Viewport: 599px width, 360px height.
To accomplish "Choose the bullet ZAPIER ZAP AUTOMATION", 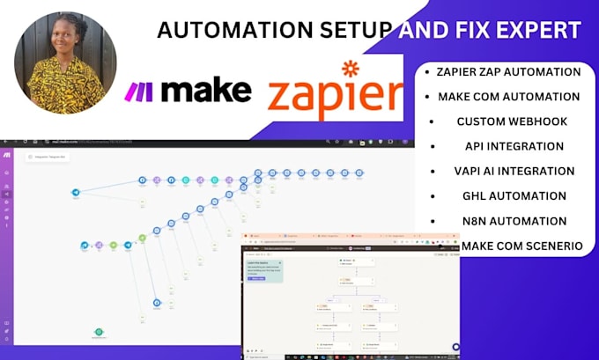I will click(x=509, y=72).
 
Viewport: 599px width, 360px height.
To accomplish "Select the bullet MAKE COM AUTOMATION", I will click(x=509, y=97).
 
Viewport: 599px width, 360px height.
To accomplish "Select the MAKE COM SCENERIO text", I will click(x=520, y=246).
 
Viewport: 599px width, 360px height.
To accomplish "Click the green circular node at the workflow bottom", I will click(x=100, y=332).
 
